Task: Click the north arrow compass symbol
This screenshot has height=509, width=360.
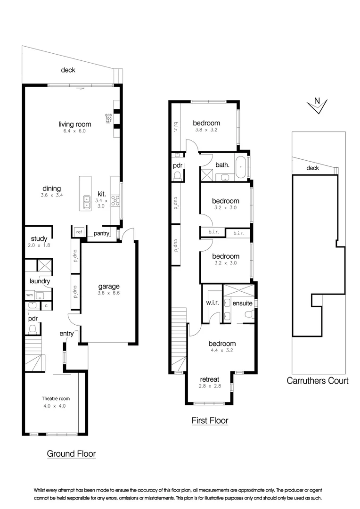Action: (317, 106)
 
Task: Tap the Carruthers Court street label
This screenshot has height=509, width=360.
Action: (318, 381)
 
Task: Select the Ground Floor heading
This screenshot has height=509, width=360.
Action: (71, 454)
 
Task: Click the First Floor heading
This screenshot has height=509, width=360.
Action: (210, 420)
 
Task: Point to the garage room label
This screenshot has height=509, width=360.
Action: (109, 286)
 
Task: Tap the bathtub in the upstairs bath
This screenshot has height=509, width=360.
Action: (241, 168)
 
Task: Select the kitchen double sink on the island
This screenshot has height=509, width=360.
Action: (86, 202)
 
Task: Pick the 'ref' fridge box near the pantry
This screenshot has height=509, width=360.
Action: (79, 232)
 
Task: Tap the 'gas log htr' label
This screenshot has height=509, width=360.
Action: (108, 118)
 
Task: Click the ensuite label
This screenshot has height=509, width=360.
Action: (242, 303)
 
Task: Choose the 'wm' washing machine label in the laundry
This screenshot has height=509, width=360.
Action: (29, 296)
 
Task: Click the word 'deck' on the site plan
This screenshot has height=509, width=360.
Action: (312, 168)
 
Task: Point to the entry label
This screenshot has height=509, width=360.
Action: (66, 334)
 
